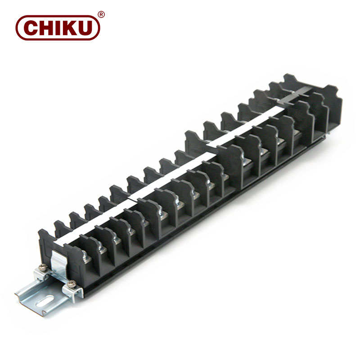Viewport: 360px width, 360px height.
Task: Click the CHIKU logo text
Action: (57, 27)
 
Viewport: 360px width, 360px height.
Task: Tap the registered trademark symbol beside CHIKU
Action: (101, 14)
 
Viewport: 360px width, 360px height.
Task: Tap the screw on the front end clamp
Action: (71, 284)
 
